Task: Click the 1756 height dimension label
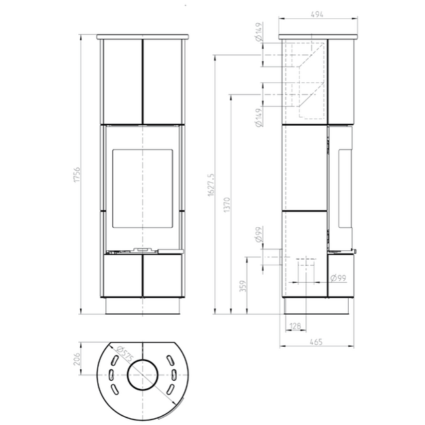pos(78,175)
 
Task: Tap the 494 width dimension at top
pos(317,14)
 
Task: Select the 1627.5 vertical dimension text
pos(211,185)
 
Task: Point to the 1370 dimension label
pos(227,205)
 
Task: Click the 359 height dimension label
pos(243,286)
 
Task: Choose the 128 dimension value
pos(295,326)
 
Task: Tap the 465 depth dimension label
pos(316,342)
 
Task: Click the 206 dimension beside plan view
pos(77,358)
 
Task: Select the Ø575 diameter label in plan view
pos(124,354)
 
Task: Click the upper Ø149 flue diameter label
pos(259,32)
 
